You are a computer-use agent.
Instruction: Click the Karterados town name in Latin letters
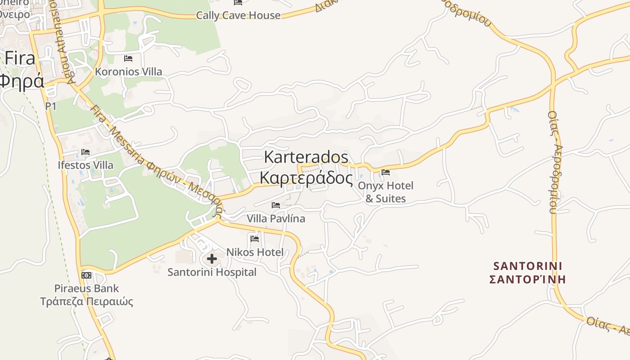pos(306,157)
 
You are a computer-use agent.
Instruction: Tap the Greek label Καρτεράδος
pos(306,178)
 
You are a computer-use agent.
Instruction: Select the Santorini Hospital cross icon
pos(212,259)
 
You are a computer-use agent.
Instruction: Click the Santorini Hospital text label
pos(212,272)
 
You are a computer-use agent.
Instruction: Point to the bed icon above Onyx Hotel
pos(386,172)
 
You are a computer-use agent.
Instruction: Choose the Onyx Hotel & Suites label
pos(386,192)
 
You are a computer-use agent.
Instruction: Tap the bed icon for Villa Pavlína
pos(276,205)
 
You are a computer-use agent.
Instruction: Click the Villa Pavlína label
pos(276,219)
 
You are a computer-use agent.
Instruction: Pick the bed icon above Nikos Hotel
pos(255,238)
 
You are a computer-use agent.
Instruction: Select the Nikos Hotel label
pos(255,252)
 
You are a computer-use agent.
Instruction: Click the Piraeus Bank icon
pos(86,275)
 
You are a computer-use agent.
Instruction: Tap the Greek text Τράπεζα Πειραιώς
pos(87,301)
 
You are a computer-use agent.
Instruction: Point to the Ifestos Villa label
pos(85,165)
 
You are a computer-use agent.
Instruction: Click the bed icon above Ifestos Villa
pos(85,152)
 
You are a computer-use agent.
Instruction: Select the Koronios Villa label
pos(128,72)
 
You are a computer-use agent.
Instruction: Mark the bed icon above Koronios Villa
pos(128,58)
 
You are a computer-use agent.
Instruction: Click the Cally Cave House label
pos(238,15)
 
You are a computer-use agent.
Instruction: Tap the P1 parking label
pos(51,106)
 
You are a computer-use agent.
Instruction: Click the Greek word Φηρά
pos(22,81)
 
